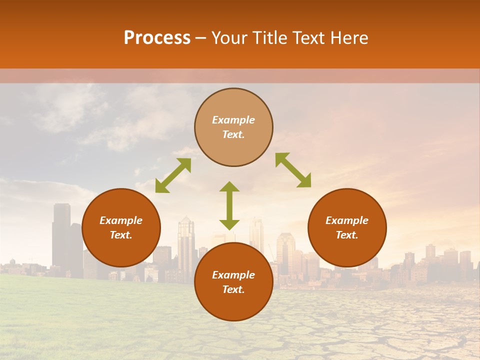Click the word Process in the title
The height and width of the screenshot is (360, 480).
tap(157, 38)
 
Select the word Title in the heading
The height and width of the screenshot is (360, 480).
tap(267, 38)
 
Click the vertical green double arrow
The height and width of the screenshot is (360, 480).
tap(229, 205)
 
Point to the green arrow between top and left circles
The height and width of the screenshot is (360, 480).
tap(173, 175)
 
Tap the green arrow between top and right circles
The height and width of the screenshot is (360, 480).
tap(293, 170)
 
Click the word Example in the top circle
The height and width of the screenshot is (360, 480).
tap(233, 120)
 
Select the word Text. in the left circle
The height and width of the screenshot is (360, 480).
tap(121, 235)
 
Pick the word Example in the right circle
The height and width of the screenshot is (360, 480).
tap(347, 220)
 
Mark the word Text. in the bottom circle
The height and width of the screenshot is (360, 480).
tap(233, 289)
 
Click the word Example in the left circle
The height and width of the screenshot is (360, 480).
tap(121, 220)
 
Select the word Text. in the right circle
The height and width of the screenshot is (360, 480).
tap(347, 235)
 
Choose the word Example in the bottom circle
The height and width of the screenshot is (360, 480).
tap(233, 275)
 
